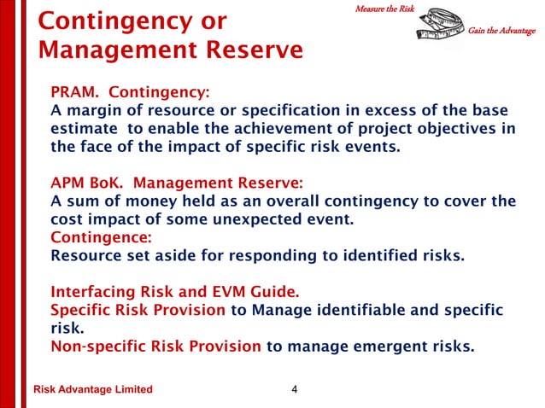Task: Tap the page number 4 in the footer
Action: (x=294, y=390)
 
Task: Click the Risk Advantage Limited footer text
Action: (x=92, y=390)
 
